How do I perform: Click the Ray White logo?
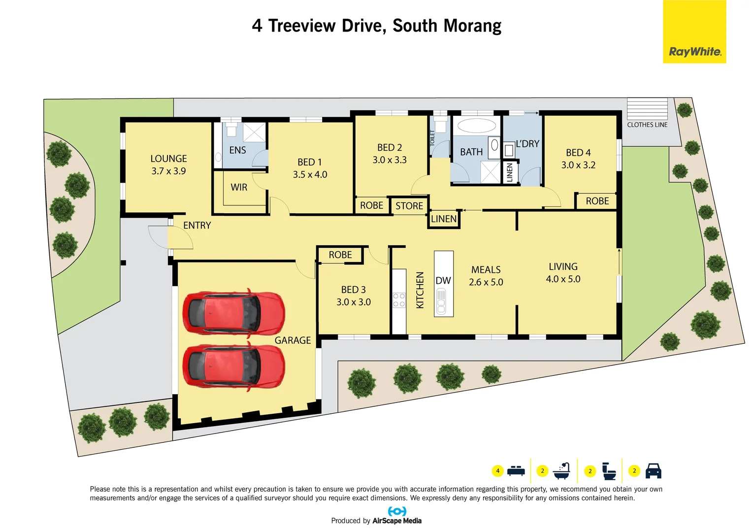694,32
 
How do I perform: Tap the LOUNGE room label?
168,159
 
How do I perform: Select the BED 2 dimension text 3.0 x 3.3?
390,160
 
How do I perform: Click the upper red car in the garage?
233,313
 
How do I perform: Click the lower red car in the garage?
233,367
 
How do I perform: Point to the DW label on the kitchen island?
443,280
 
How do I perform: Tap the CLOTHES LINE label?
647,125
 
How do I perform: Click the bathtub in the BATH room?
476,126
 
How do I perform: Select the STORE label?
409,206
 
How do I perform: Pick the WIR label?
239,187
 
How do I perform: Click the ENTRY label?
197,225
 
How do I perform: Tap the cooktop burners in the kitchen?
399,300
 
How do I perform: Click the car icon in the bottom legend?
653,471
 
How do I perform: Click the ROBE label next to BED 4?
597,201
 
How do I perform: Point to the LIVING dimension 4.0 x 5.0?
563,279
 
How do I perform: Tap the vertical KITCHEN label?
420,290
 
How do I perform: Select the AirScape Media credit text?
396,521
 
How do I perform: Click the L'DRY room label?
527,144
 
